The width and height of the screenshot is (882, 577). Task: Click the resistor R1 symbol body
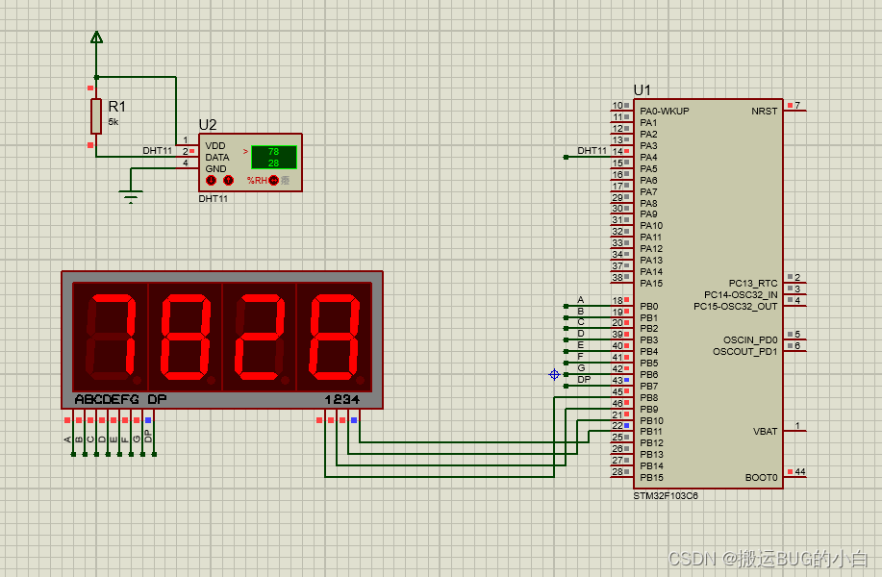pos(96,115)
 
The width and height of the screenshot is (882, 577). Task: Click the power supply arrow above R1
pos(96,38)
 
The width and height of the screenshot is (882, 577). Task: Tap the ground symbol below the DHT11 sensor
pos(132,197)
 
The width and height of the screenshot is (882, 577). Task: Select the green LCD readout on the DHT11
pos(273,157)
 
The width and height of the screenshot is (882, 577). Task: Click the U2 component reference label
pos(208,125)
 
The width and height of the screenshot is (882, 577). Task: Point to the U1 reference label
pos(643,90)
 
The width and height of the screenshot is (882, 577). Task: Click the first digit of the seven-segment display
pos(111,336)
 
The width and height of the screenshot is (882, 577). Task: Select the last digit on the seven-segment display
pos(334,336)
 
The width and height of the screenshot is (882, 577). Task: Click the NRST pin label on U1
pos(764,112)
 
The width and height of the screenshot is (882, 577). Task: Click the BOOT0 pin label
pos(761,478)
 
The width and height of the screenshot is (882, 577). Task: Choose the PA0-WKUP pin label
pos(665,112)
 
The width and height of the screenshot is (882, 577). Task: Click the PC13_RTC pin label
pos(753,284)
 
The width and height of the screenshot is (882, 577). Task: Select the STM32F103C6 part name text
pos(666,496)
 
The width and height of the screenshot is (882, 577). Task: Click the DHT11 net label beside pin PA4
pos(592,151)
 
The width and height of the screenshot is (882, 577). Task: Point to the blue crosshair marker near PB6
pos(554,374)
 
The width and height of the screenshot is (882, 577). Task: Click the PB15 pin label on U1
pos(651,478)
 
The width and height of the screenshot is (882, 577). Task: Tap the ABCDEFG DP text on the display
pos(120,399)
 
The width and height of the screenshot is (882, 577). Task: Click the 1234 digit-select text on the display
pos(341,399)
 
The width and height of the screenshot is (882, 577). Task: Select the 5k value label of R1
pos(113,123)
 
